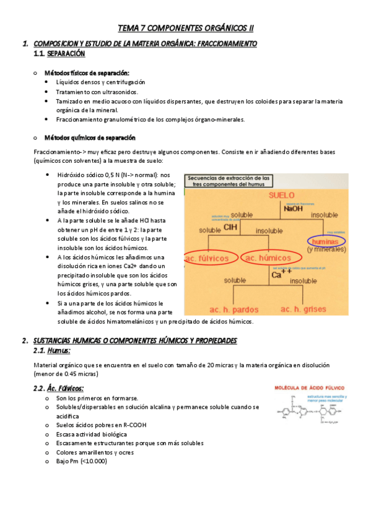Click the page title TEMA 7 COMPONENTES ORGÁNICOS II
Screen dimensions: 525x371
[x=186, y=28]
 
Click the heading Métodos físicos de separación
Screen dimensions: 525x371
[x=87, y=72]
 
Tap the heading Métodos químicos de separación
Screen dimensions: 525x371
[x=90, y=137]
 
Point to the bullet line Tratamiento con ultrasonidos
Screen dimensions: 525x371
[x=97, y=92]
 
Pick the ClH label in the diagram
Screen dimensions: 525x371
[x=230, y=227]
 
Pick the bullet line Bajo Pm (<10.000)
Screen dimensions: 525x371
[x=81, y=462]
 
